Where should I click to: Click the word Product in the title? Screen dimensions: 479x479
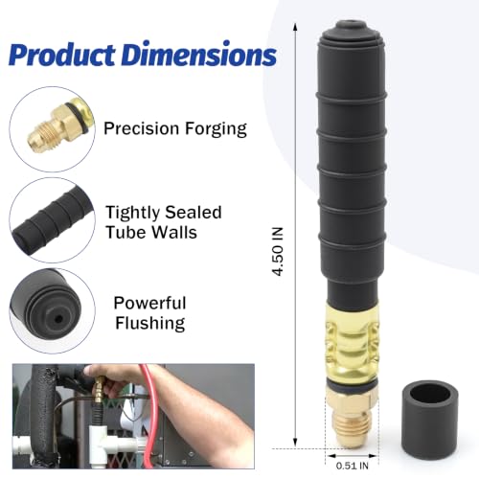tap(62, 54)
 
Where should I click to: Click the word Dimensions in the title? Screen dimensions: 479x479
tap(199, 54)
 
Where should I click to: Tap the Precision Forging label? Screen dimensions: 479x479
tap(175, 128)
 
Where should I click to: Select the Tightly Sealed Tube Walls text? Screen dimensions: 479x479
tap(164, 222)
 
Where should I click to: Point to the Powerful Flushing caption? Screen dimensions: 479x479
tap(149, 313)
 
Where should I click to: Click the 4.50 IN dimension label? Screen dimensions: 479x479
tap(278, 251)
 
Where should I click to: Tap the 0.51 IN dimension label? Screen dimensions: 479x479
tap(352, 466)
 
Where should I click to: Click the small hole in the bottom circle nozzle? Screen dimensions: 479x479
tap(58, 319)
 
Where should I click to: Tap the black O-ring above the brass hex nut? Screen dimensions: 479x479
tap(352, 385)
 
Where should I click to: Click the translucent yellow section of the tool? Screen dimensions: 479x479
tap(352, 340)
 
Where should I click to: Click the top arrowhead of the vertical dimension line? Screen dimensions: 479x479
tap(295, 27)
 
